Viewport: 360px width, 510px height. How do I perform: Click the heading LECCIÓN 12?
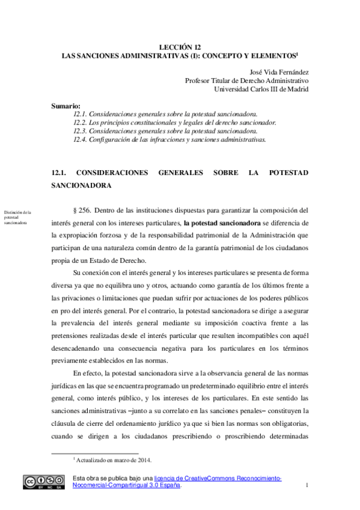(x=180, y=46)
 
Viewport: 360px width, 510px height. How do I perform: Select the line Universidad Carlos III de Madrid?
(x=261, y=89)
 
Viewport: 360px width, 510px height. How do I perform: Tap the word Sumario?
(x=66, y=106)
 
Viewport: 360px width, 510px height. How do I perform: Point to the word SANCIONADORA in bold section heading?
(x=82, y=186)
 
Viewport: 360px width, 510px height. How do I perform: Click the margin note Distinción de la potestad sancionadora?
(x=18, y=217)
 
